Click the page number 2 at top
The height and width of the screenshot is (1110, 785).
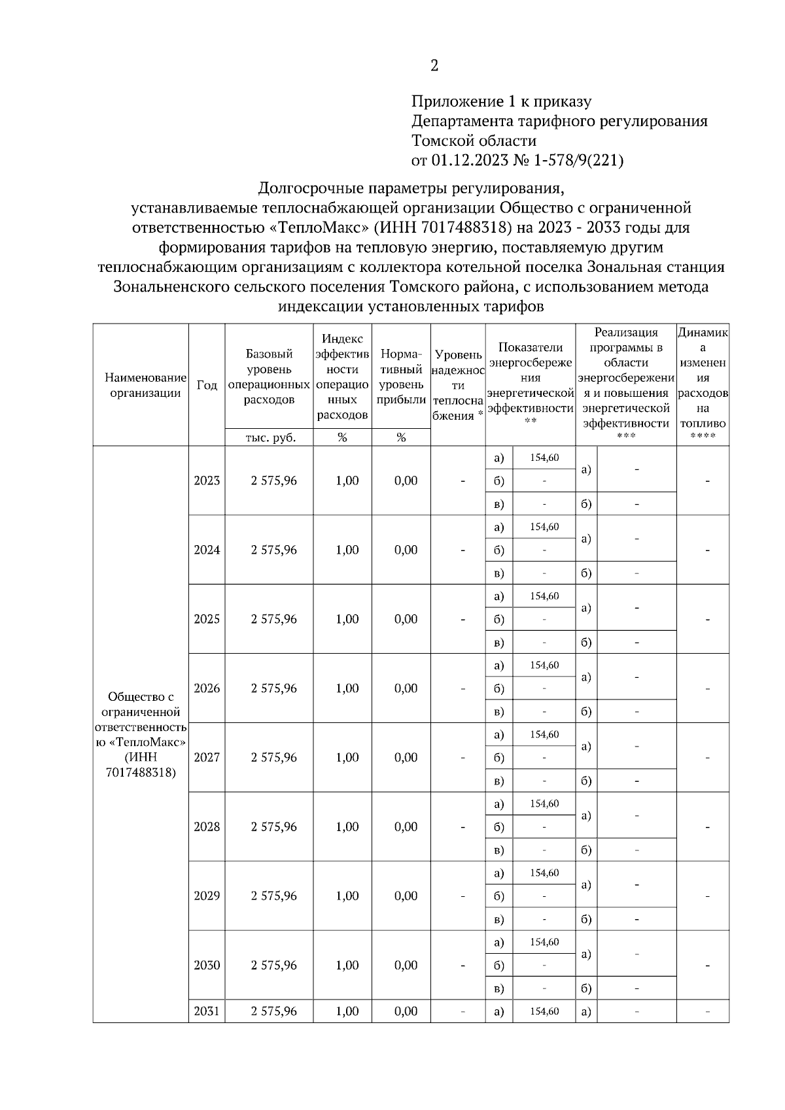pyautogui.click(x=434, y=65)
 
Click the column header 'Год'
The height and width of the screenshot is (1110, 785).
pyautogui.click(x=207, y=385)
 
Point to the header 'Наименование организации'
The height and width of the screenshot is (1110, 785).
pyautogui.click(x=145, y=385)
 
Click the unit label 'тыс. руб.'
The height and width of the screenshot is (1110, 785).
pyautogui.click(x=270, y=438)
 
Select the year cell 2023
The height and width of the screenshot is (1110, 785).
pyautogui.click(x=207, y=480)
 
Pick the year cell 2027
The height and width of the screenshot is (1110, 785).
pyautogui.click(x=207, y=758)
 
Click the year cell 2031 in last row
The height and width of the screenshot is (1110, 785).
pyautogui.click(x=207, y=1011)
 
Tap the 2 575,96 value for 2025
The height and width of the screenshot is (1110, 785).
pyautogui.click(x=273, y=619)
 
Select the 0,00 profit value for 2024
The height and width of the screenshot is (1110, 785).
pyautogui.click(x=406, y=550)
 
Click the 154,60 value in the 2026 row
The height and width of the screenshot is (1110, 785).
pyautogui.click(x=544, y=665)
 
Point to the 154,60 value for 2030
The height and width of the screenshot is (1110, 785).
pyautogui.click(x=544, y=942)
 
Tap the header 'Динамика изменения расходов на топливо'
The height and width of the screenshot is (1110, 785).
pyautogui.click(x=703, y=385)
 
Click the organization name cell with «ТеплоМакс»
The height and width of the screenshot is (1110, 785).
pyautogui.click(x=141, y=735)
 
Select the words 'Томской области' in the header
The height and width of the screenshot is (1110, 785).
pyautogui.click(x=474, y=141)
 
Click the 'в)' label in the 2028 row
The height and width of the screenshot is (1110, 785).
pyautogui.click(x=498, y=850)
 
